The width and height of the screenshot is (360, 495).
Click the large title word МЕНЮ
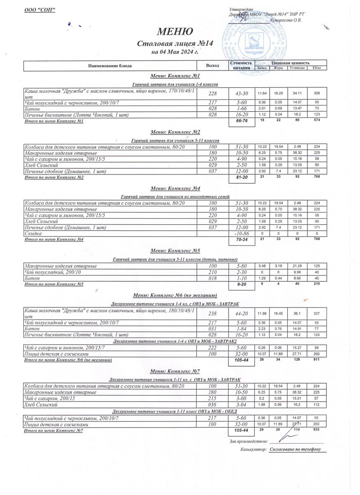tap(174, 31)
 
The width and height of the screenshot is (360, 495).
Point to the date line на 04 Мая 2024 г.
tap(175, 52)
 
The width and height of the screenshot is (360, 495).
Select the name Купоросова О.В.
tap(285, 20)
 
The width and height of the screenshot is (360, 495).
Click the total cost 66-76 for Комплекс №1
tap(242, 122)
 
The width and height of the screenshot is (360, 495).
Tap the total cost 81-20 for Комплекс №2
tap(242, 177)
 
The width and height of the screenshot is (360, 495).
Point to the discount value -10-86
tap(242, 233)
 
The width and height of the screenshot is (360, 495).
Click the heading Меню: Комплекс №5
tap(175, 250)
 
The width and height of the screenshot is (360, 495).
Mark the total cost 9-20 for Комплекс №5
tap(242, 284)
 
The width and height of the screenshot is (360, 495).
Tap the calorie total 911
tap(317, 360)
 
